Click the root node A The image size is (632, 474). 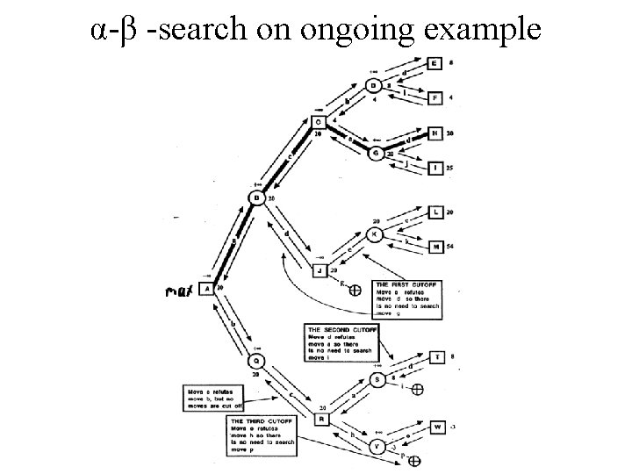coord(206,288)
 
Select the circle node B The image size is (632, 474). coord(257,198)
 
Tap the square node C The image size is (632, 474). coord(320,122)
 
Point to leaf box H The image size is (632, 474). coord(435,133)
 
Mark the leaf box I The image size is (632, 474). coord(435,167)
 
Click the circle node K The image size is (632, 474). coord(375,234)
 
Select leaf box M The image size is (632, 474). coord(436,248)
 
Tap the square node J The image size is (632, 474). coord(320,269)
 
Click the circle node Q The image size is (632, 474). coord(256,361)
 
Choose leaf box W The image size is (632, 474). coord(437,427)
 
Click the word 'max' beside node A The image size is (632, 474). coord(181,289)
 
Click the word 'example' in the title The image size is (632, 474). coord(487,31)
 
